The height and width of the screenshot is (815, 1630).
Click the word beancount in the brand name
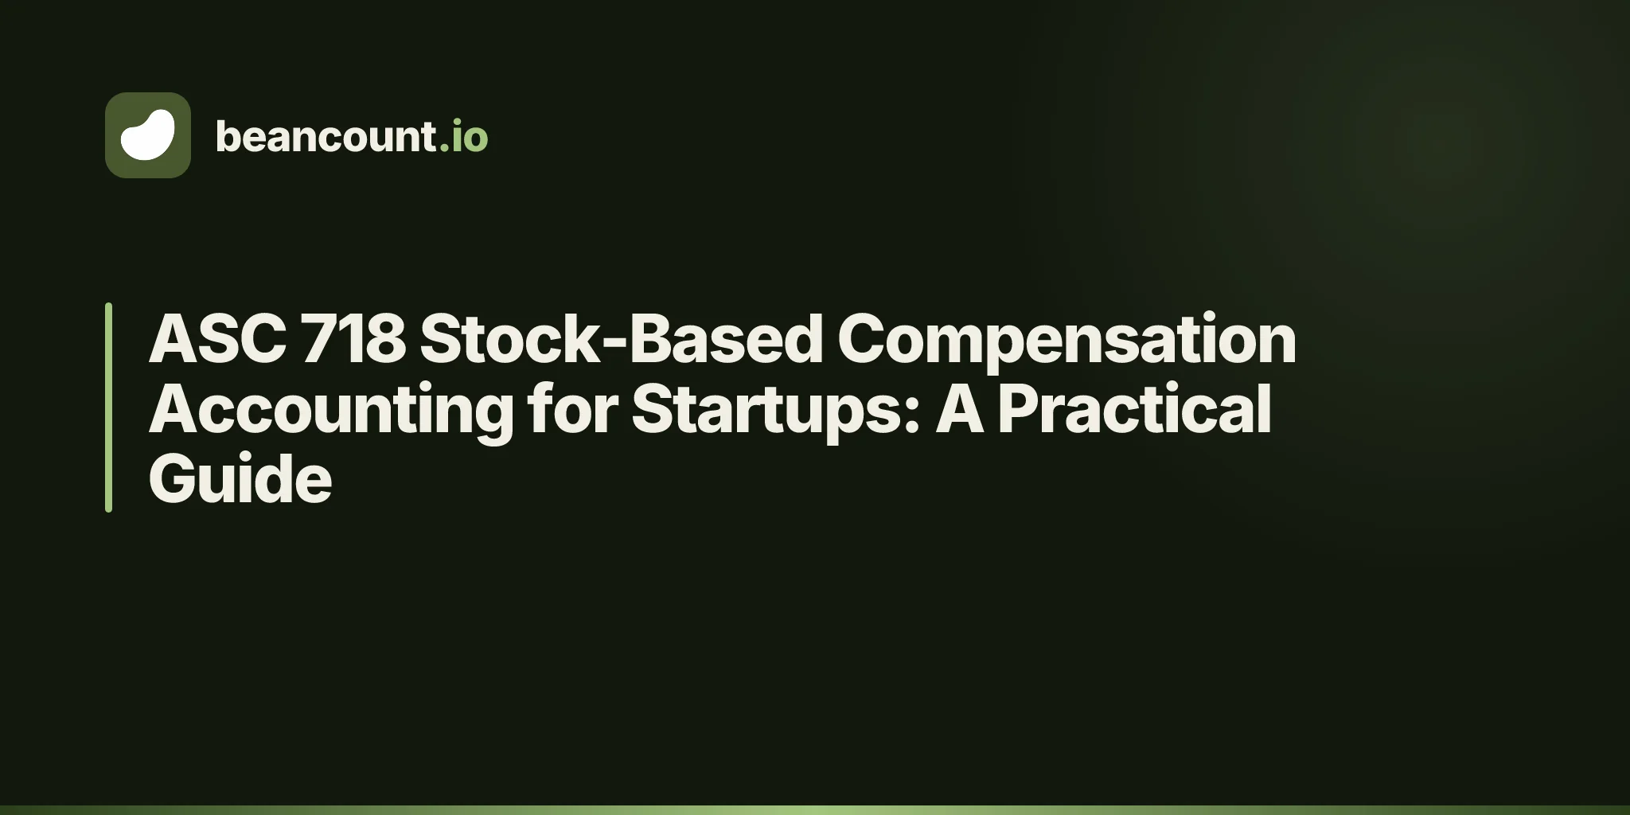point(326,136)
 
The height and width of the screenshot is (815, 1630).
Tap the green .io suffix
point(463,136)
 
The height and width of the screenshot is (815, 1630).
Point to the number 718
point(354,339)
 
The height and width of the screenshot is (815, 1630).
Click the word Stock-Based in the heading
point(622,339)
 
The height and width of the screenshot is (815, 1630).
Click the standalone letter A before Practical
point(959,409)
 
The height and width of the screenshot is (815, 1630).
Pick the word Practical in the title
point(1134,408)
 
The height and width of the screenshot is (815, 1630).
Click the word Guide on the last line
point(240,478)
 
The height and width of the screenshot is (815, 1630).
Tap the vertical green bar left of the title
point(108,407)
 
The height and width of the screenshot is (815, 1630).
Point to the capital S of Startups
point(654,409)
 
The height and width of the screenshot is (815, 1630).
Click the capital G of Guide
point(176,479)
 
